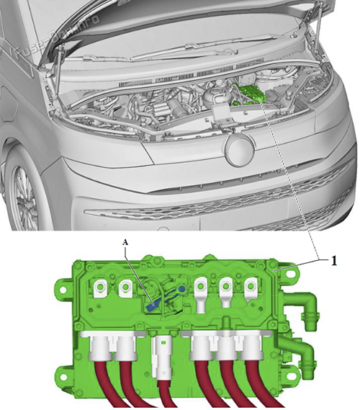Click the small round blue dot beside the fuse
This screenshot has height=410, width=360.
(181, 288)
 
